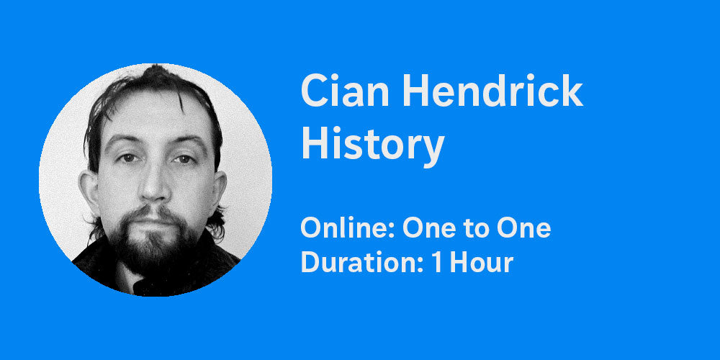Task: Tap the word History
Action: pos(372,144)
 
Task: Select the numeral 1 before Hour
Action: pos(437,263)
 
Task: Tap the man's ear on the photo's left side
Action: pos(90,194)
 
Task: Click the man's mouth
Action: pos(154,217)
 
